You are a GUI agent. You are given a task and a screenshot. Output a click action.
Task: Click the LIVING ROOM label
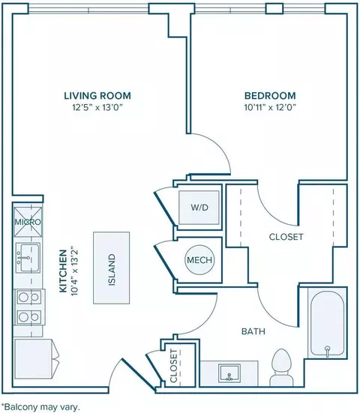97,95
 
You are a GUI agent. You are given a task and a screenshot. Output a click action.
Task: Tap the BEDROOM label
270,95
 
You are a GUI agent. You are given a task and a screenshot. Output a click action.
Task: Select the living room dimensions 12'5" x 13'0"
97,107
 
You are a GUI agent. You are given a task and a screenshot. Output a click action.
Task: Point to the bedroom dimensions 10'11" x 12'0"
270,107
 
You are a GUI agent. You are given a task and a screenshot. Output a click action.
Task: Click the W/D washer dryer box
199,208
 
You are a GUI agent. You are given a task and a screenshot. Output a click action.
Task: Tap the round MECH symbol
199,260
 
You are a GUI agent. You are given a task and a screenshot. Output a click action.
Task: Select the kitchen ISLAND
112,268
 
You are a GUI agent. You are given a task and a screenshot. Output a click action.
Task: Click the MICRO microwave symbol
28,222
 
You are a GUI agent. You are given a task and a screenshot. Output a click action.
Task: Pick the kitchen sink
28,258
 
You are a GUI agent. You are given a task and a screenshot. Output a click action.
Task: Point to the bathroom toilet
282,367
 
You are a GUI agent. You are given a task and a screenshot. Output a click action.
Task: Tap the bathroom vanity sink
229,373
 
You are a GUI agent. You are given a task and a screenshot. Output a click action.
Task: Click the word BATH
253,331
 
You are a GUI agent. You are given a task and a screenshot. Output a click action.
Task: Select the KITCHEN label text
63,271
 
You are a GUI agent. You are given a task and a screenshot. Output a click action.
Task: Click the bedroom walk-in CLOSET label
286,237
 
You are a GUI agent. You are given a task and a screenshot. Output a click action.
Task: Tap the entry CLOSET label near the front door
174,366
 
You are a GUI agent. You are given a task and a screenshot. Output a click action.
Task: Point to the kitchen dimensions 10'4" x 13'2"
75,272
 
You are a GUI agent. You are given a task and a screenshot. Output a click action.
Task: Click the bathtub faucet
327,351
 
